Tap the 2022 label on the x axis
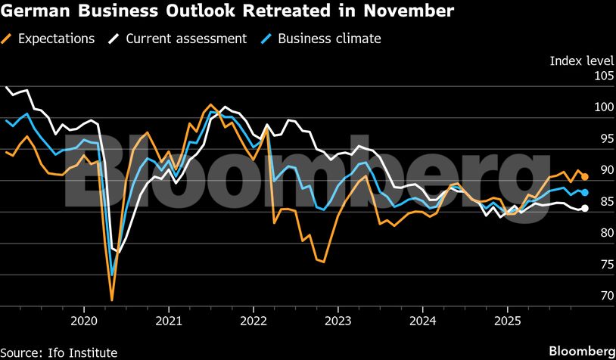tap(252, 320)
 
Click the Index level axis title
tap(581, 61)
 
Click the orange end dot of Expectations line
tap(585, 177)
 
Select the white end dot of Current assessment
tap(585, 209)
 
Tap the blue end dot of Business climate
tap(585, 192)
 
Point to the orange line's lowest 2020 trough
tap(112, 300)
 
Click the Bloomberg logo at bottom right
tap(581, 352)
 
